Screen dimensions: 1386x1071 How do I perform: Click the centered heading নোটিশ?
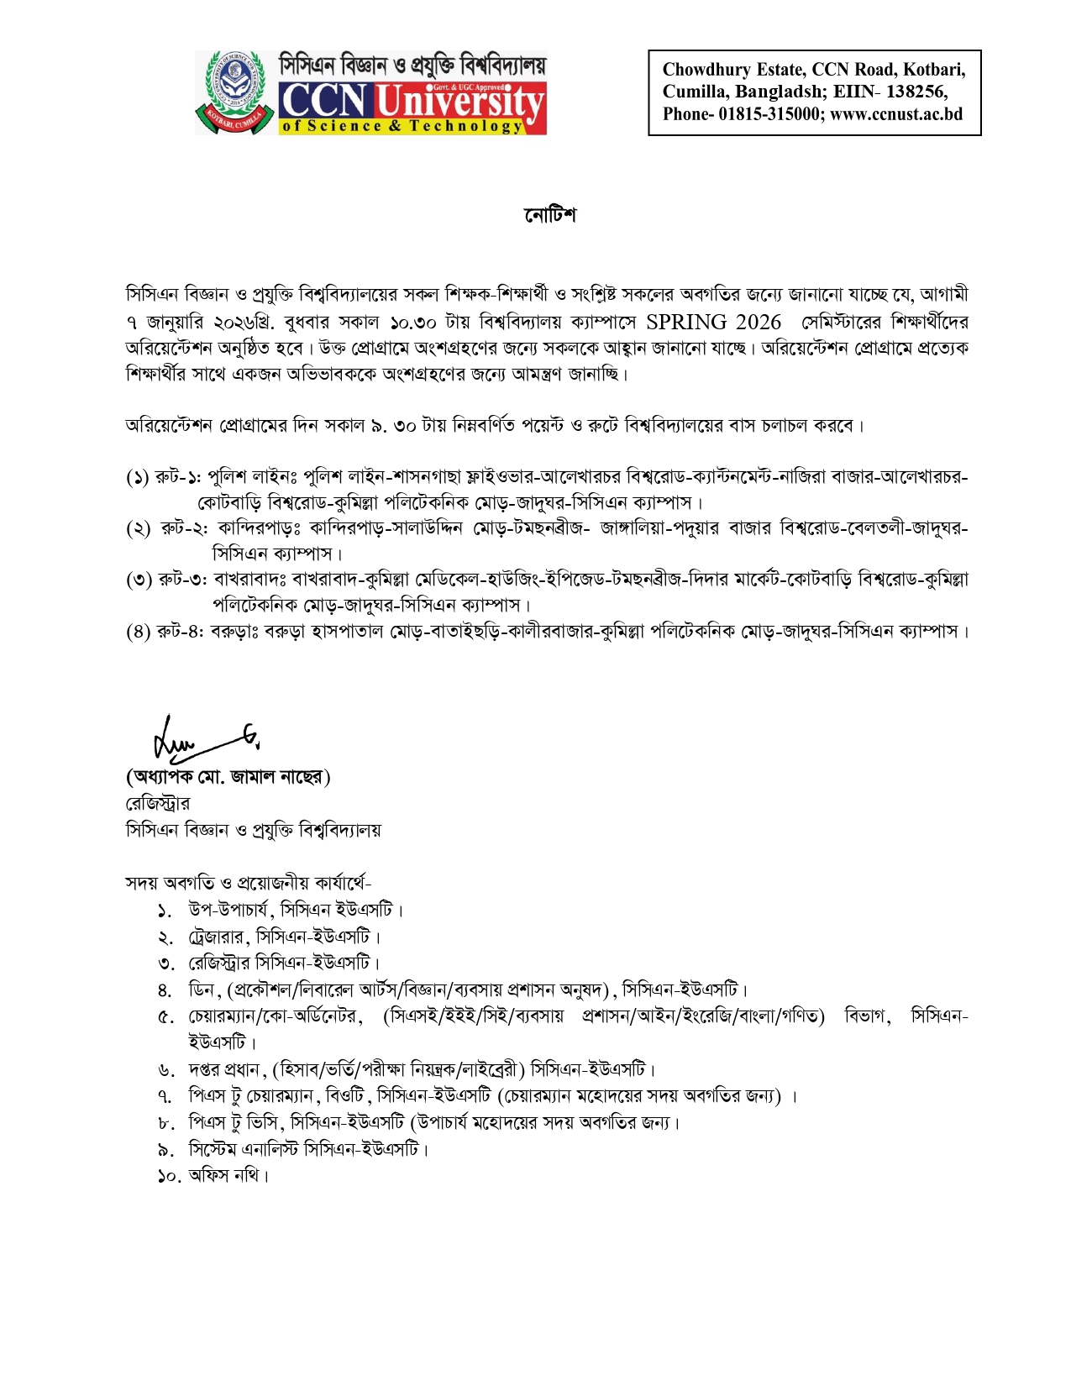click(x=550, y=215)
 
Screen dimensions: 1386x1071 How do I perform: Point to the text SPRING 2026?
click(x=713, y=322)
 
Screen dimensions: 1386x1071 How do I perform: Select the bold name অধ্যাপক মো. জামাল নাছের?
click(x=228, y=777)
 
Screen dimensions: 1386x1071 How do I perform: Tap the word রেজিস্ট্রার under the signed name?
click(x=157, y=804)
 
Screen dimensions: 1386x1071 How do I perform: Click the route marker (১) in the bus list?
click(x=138, y=478)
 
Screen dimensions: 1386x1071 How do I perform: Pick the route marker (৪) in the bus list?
click(x=138, y=632)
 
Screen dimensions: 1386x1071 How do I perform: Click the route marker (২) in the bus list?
click(x=138, y=529)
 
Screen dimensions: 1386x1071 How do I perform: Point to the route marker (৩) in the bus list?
click(x=138, y=580)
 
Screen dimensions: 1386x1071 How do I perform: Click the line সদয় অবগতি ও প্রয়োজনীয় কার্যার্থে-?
click(x=248, y=883)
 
